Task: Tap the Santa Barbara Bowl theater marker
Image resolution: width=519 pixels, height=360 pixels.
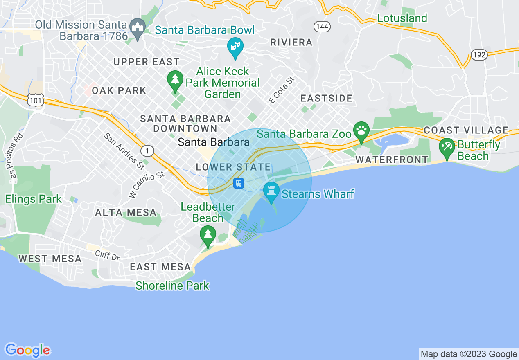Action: click(235, 47)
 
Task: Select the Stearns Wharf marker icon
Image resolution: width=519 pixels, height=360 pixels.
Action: click(271, 191)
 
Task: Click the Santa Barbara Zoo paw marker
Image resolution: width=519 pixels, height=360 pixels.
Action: click(361, 131)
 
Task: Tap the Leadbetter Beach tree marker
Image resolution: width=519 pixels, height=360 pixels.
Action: click(208, 235)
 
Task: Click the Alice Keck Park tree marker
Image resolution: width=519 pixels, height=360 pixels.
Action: click(175, 80)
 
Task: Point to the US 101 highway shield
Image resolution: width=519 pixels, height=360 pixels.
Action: click(36, 100)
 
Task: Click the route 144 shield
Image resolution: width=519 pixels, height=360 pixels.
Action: click(322, 27)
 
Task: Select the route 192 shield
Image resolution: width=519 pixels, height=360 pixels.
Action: click(478, 54)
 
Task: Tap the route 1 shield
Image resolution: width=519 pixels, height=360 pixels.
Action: click(147, 151)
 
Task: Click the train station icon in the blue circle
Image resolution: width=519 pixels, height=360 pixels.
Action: click(239, 183)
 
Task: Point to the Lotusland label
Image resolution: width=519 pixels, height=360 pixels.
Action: click(402, 18)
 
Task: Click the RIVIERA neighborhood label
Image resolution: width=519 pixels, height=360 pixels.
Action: click(291, 42)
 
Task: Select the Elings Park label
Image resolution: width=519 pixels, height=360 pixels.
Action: click(33, 199)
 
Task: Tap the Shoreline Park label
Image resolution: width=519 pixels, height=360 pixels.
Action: click(172, 286)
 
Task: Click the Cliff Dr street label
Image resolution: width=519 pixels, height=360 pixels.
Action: click(107, 256)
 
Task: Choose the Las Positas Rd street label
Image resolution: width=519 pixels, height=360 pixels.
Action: click(15, 158)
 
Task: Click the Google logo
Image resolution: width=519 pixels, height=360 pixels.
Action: click(28, 350)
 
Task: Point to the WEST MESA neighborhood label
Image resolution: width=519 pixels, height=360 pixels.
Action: click(50, 259)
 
